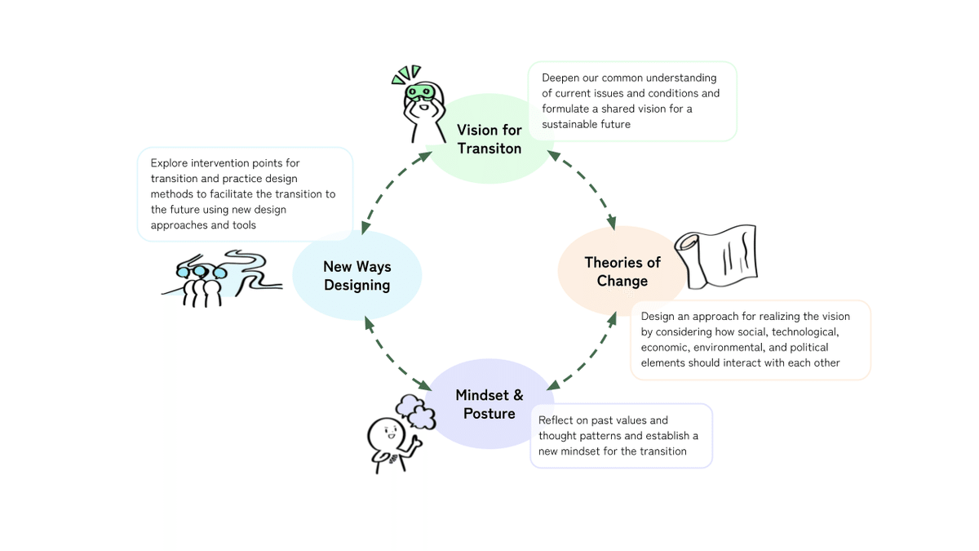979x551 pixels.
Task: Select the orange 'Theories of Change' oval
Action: [622, 272]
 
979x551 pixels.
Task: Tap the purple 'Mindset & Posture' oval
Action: [489, 404]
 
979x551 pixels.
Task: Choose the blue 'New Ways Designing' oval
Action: [357, 275]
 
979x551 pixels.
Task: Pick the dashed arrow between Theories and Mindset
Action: [582, 351]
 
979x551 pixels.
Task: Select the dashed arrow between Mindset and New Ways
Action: [397, 353]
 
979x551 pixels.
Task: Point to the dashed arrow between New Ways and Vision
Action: [396, 193]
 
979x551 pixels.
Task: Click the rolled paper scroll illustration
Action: [716, 256]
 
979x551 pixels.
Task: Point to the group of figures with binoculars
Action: [201, 282]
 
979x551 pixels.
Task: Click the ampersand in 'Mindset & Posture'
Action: [518, 396]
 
